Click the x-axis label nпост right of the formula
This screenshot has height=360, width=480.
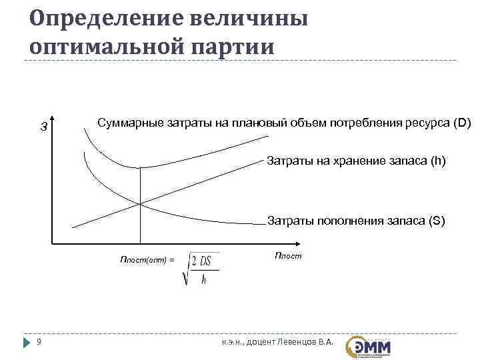tap(287, 255)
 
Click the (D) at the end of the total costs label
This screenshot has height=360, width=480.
tap(462, 123)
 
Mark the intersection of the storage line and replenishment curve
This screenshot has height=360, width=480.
tap(140, 203)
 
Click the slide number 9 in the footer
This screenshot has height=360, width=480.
tap(39, 343)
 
